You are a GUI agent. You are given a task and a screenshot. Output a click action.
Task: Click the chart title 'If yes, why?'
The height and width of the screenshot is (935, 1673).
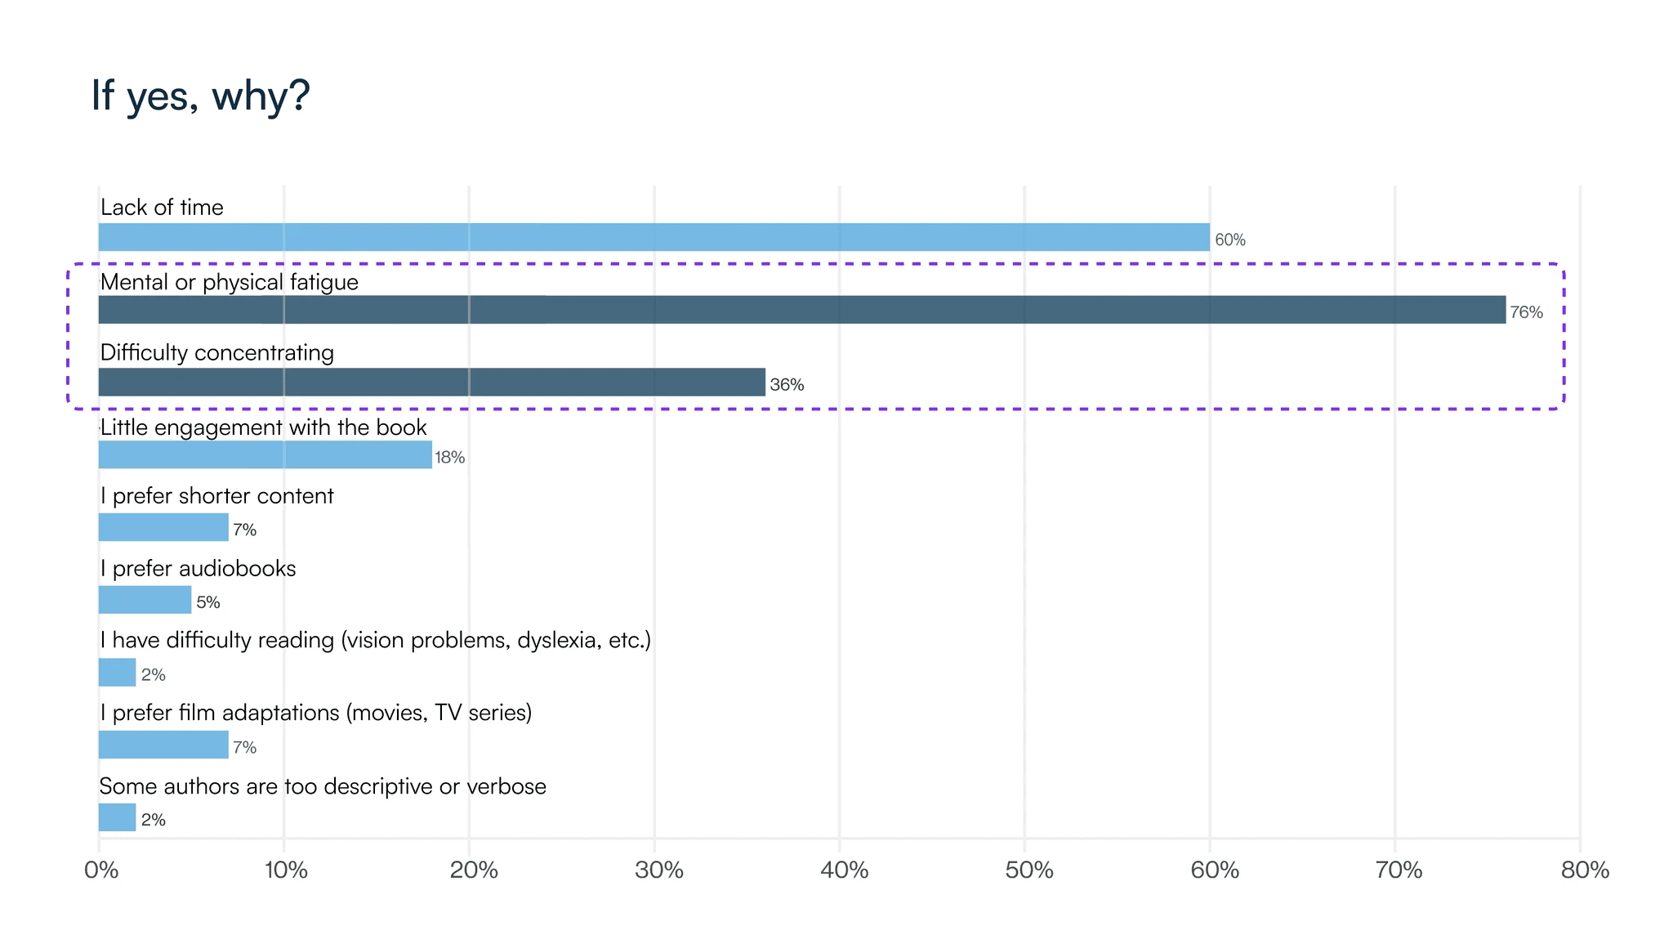tap(200, 96)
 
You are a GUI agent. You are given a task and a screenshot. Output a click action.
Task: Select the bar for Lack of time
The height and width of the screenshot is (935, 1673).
tap(654, 237)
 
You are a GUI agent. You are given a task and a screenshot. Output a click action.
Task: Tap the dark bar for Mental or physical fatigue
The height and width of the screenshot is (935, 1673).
tap(801, 310)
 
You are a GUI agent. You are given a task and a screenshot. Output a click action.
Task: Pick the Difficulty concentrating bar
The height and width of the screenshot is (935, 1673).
tap(431, 382)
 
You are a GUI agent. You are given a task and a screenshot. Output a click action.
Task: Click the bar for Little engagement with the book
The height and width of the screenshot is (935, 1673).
tap(265, 454)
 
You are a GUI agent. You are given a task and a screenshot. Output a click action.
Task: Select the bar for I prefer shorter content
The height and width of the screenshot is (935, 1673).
tap(163, 527)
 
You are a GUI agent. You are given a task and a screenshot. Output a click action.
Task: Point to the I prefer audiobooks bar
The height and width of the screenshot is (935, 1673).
tap(145, 600)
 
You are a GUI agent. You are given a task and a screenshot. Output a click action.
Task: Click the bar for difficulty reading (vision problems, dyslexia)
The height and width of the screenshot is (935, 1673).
tap(117, 673)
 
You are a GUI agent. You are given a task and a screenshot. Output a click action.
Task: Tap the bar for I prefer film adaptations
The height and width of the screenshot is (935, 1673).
tap(163, 745)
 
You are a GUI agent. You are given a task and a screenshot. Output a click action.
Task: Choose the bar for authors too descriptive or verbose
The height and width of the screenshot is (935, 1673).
tap(117, 817)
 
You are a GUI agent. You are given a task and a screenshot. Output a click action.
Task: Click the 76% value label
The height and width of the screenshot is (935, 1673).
tap(1526, 312)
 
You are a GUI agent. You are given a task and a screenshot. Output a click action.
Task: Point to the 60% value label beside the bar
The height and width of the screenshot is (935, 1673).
tap(1229, 239)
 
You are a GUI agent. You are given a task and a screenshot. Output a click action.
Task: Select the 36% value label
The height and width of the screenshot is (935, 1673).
tap(787, 385)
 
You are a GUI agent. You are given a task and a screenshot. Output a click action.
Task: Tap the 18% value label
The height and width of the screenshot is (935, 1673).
tap(449, 458)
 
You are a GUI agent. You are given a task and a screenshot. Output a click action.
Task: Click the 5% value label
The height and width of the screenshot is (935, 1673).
tap(208, 602)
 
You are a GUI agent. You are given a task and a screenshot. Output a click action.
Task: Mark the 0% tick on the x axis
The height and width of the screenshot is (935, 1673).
tap(101, 870)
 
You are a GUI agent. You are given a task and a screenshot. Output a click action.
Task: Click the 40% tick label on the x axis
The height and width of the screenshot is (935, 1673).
tap(844, 870)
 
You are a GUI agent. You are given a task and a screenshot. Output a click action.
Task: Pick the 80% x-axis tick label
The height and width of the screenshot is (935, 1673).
tap(1585, 870)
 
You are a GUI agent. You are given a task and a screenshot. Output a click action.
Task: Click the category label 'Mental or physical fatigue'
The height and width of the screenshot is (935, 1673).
tap(229, 282)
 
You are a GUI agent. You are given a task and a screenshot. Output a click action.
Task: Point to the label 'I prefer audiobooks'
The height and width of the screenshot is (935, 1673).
tap(198, 568)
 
